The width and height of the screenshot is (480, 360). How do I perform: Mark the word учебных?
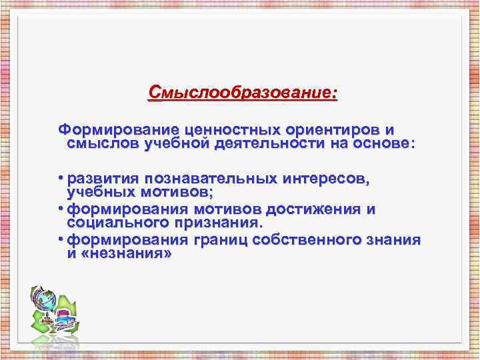point(97,193)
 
